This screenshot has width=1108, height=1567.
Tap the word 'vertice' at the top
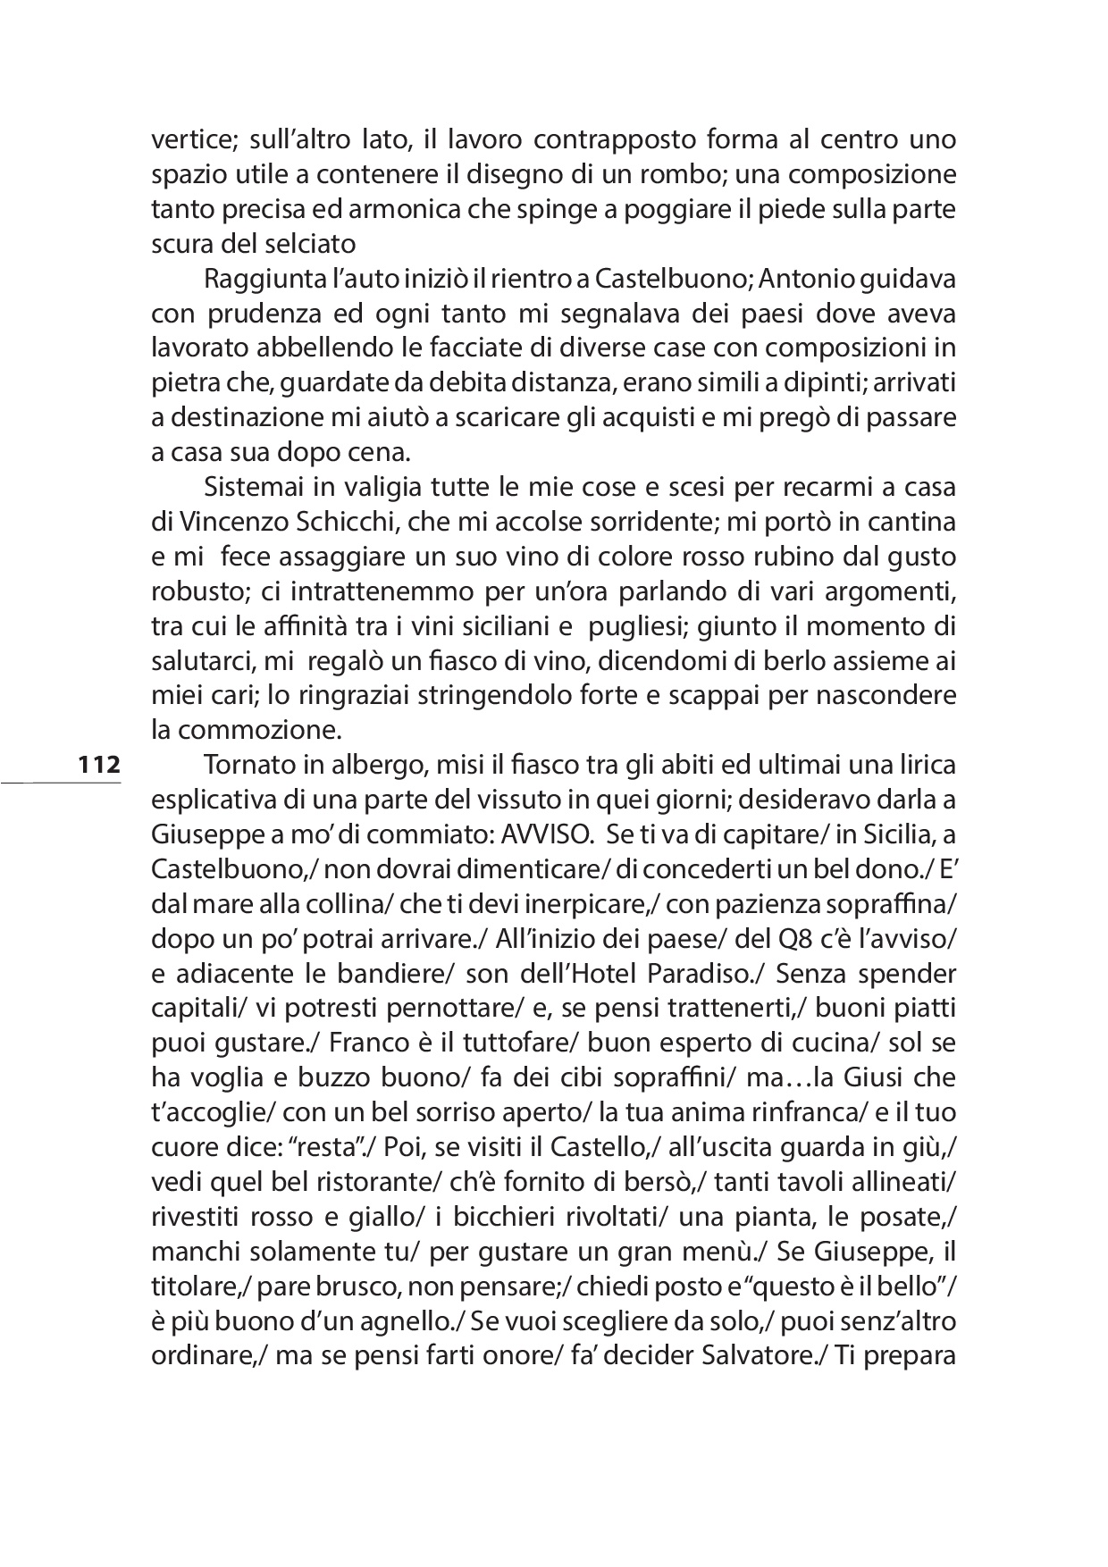tap(184, 140)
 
